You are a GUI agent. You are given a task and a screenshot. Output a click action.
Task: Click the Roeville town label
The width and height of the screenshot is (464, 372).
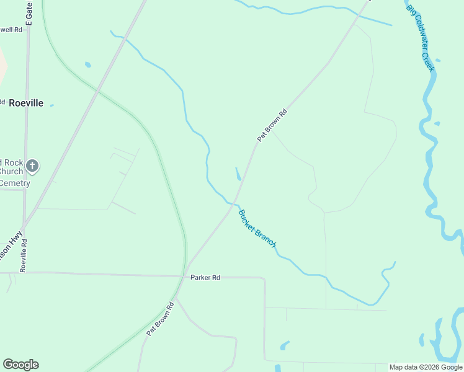tap(26, 103)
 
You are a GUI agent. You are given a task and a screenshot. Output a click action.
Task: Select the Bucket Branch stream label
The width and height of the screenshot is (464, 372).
tap(257, 229)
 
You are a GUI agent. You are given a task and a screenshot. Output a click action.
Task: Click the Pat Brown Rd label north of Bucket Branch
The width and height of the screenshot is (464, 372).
tap(273, 126)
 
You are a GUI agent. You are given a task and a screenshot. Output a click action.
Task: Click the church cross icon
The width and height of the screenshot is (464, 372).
tap(32, 166)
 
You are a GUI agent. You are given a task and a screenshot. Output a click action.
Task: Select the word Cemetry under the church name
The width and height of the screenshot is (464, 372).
tap(14, 183)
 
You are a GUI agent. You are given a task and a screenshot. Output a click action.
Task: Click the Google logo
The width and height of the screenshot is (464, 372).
tap(20, 365)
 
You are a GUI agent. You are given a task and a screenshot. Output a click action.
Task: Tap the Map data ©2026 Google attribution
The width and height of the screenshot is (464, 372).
tap(425, 367)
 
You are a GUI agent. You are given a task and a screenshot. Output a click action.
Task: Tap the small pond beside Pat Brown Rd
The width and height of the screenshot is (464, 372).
tap(238, 174)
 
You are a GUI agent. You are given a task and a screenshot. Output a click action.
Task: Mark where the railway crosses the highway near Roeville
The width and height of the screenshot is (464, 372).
tap(97, 91)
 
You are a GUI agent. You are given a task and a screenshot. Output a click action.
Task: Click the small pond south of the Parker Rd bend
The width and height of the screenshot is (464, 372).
tap(284, 345)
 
